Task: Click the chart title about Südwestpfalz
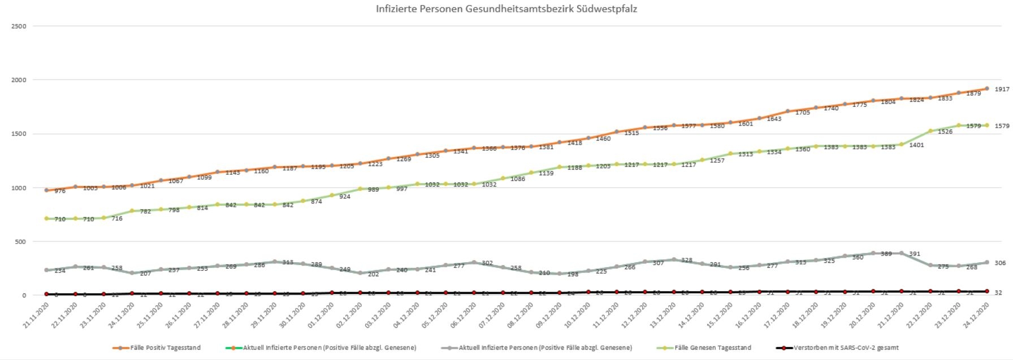coord(506,9)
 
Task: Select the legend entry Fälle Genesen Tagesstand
coord(712,348)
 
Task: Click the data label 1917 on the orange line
coord(1002,89)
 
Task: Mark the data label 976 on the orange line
coord(60,191)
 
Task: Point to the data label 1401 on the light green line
coord(917,145)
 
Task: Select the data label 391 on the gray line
coord(915,254)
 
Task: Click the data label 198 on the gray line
coord(573,274)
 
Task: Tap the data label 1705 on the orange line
coord(803,112)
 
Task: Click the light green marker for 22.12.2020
coord(930,131)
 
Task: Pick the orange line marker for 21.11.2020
coord(46,190)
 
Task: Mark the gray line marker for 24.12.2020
coord(987,262)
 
